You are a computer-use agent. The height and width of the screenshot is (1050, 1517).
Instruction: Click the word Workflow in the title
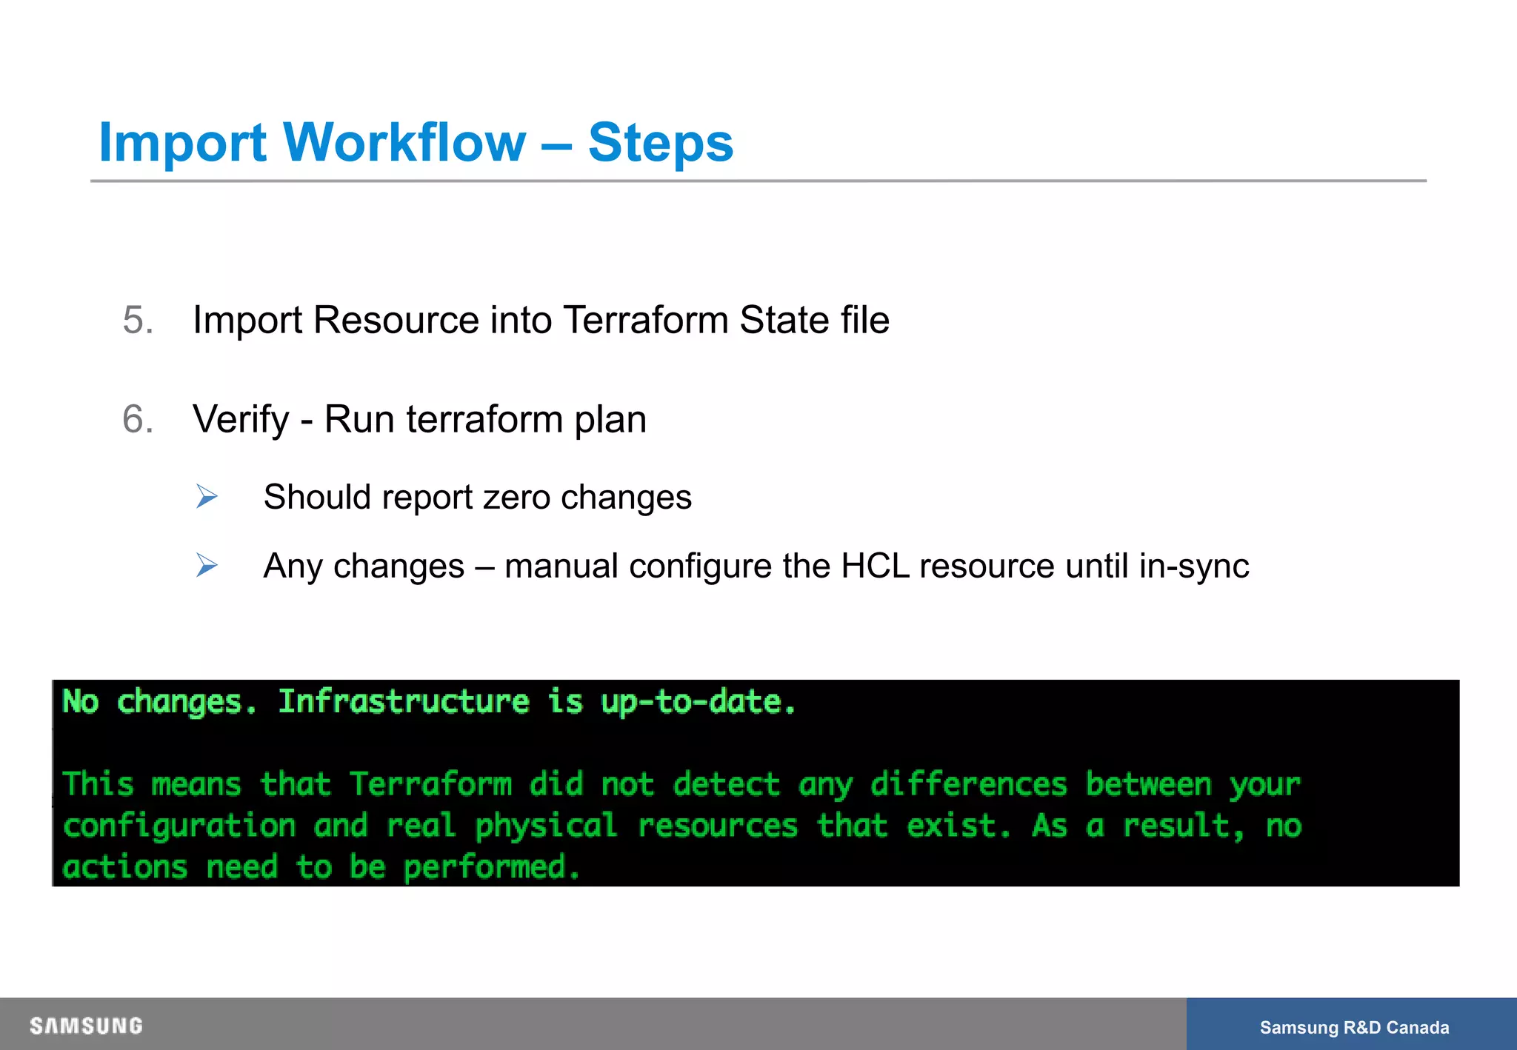tap(404, 142)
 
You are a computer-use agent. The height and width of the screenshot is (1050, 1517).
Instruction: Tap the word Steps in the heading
tap(660, 144)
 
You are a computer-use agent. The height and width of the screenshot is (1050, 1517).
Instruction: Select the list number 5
tap(138, 321)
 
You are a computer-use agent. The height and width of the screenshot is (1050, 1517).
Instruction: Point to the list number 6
tap(138, 420)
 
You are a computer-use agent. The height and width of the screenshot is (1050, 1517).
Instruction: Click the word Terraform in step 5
tap(645, 321)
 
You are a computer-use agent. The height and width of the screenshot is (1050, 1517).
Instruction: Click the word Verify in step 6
tap(241, 420)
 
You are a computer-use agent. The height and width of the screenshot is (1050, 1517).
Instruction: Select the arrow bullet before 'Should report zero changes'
tap(207, 496)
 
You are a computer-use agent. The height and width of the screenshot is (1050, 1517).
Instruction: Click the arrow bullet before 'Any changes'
tap(207, 566)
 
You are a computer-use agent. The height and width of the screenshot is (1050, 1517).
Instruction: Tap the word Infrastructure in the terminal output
tap(404, 702)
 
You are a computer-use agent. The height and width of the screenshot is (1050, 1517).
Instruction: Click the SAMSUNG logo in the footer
tap(86, 1026)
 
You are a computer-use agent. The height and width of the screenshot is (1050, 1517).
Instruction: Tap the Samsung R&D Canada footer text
tap(1354, 1028)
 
